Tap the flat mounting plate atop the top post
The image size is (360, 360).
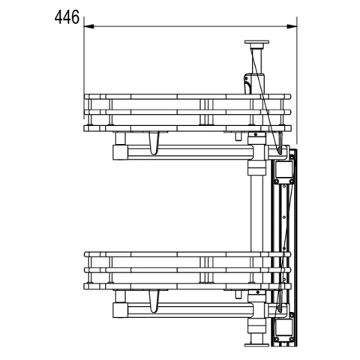point(256,43)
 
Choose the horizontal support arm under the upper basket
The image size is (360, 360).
point(187,152)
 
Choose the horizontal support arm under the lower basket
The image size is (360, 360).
point(187,310)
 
